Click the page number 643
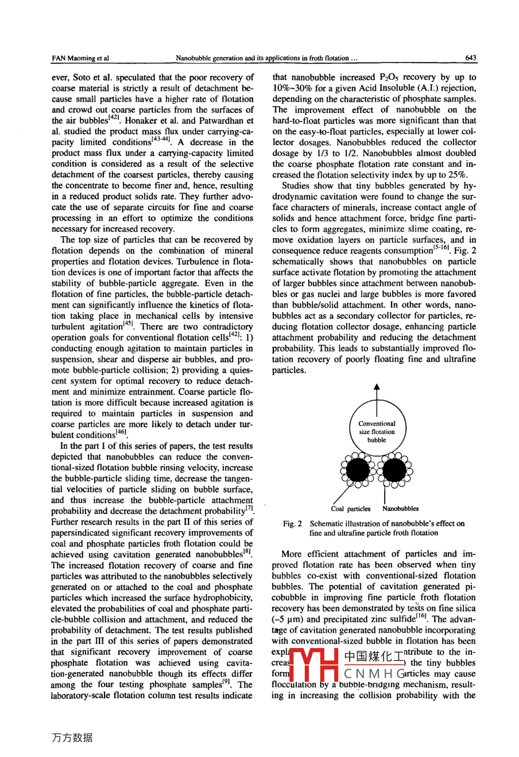471,58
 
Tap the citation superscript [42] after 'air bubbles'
115,119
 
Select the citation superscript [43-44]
162,141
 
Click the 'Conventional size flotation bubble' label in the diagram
377,432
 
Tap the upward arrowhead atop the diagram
377,387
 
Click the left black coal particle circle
357,470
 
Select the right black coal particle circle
396,470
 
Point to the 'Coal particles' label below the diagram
351,509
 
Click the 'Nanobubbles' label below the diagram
401,509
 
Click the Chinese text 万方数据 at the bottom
72,738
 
